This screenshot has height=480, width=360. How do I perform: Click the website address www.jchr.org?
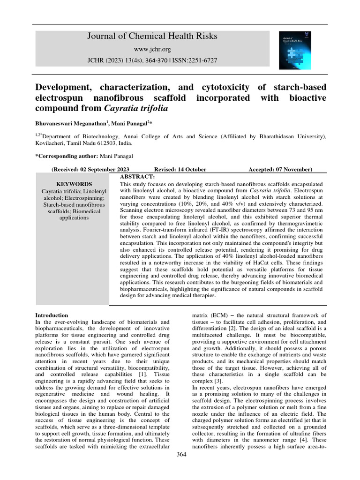[x=152, y=49]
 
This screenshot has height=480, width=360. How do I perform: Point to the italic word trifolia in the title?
[x=151, y=108]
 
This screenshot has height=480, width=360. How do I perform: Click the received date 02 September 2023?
[x=104, y=169]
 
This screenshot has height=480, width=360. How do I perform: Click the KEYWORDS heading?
[x=74, y=184]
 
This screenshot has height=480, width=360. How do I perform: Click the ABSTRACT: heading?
[x=137, y=176]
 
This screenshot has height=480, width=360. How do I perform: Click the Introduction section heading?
[x=52, y=315]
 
